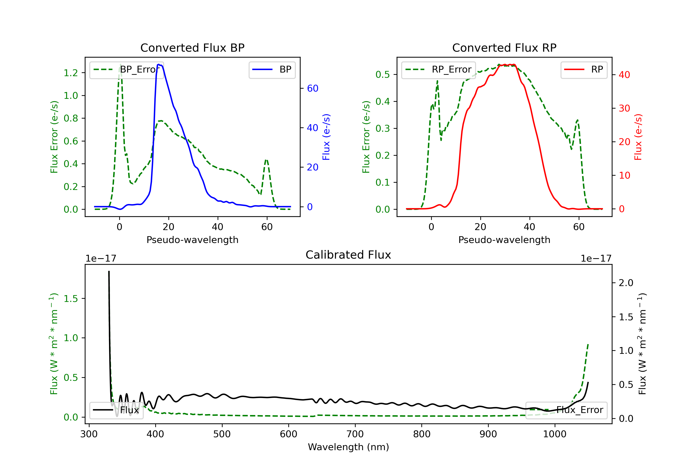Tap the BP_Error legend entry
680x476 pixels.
127,70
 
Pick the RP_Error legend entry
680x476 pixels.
439,70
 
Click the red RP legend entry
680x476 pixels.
584,70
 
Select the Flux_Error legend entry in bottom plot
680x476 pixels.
566,410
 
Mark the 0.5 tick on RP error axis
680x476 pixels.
383,74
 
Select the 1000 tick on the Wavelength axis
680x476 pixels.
554,434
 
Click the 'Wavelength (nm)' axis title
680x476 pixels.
348,447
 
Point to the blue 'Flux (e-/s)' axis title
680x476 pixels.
326,137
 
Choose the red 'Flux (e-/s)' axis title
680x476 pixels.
638,137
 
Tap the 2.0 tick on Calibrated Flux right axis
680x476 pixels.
626,283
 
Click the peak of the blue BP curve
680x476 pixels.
159,64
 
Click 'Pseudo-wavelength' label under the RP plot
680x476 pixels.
504,240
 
